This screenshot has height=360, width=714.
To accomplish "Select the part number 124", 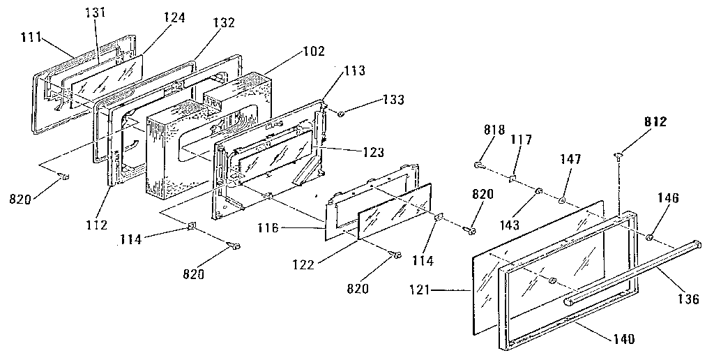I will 174,17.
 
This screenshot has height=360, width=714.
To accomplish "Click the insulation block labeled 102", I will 209,133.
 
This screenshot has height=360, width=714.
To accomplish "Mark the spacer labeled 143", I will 538,191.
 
